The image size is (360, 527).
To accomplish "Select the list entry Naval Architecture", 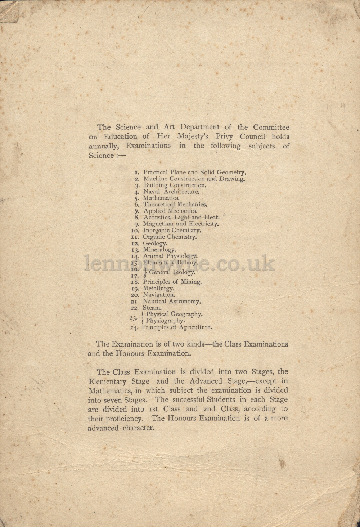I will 171,192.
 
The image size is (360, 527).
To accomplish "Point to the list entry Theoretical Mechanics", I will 175,205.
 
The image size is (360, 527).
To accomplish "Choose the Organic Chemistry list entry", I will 170,237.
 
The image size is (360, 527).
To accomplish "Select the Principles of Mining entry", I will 172,282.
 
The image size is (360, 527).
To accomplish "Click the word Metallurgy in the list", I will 159,289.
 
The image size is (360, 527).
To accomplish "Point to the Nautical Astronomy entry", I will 172,302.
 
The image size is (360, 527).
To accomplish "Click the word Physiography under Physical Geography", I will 166,321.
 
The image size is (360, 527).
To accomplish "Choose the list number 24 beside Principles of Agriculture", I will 134,328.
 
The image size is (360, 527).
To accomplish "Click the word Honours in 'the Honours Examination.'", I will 130,353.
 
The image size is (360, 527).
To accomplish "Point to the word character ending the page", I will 139,428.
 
